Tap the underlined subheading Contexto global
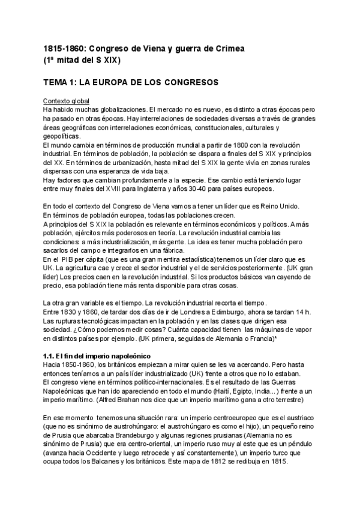(66, 101)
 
